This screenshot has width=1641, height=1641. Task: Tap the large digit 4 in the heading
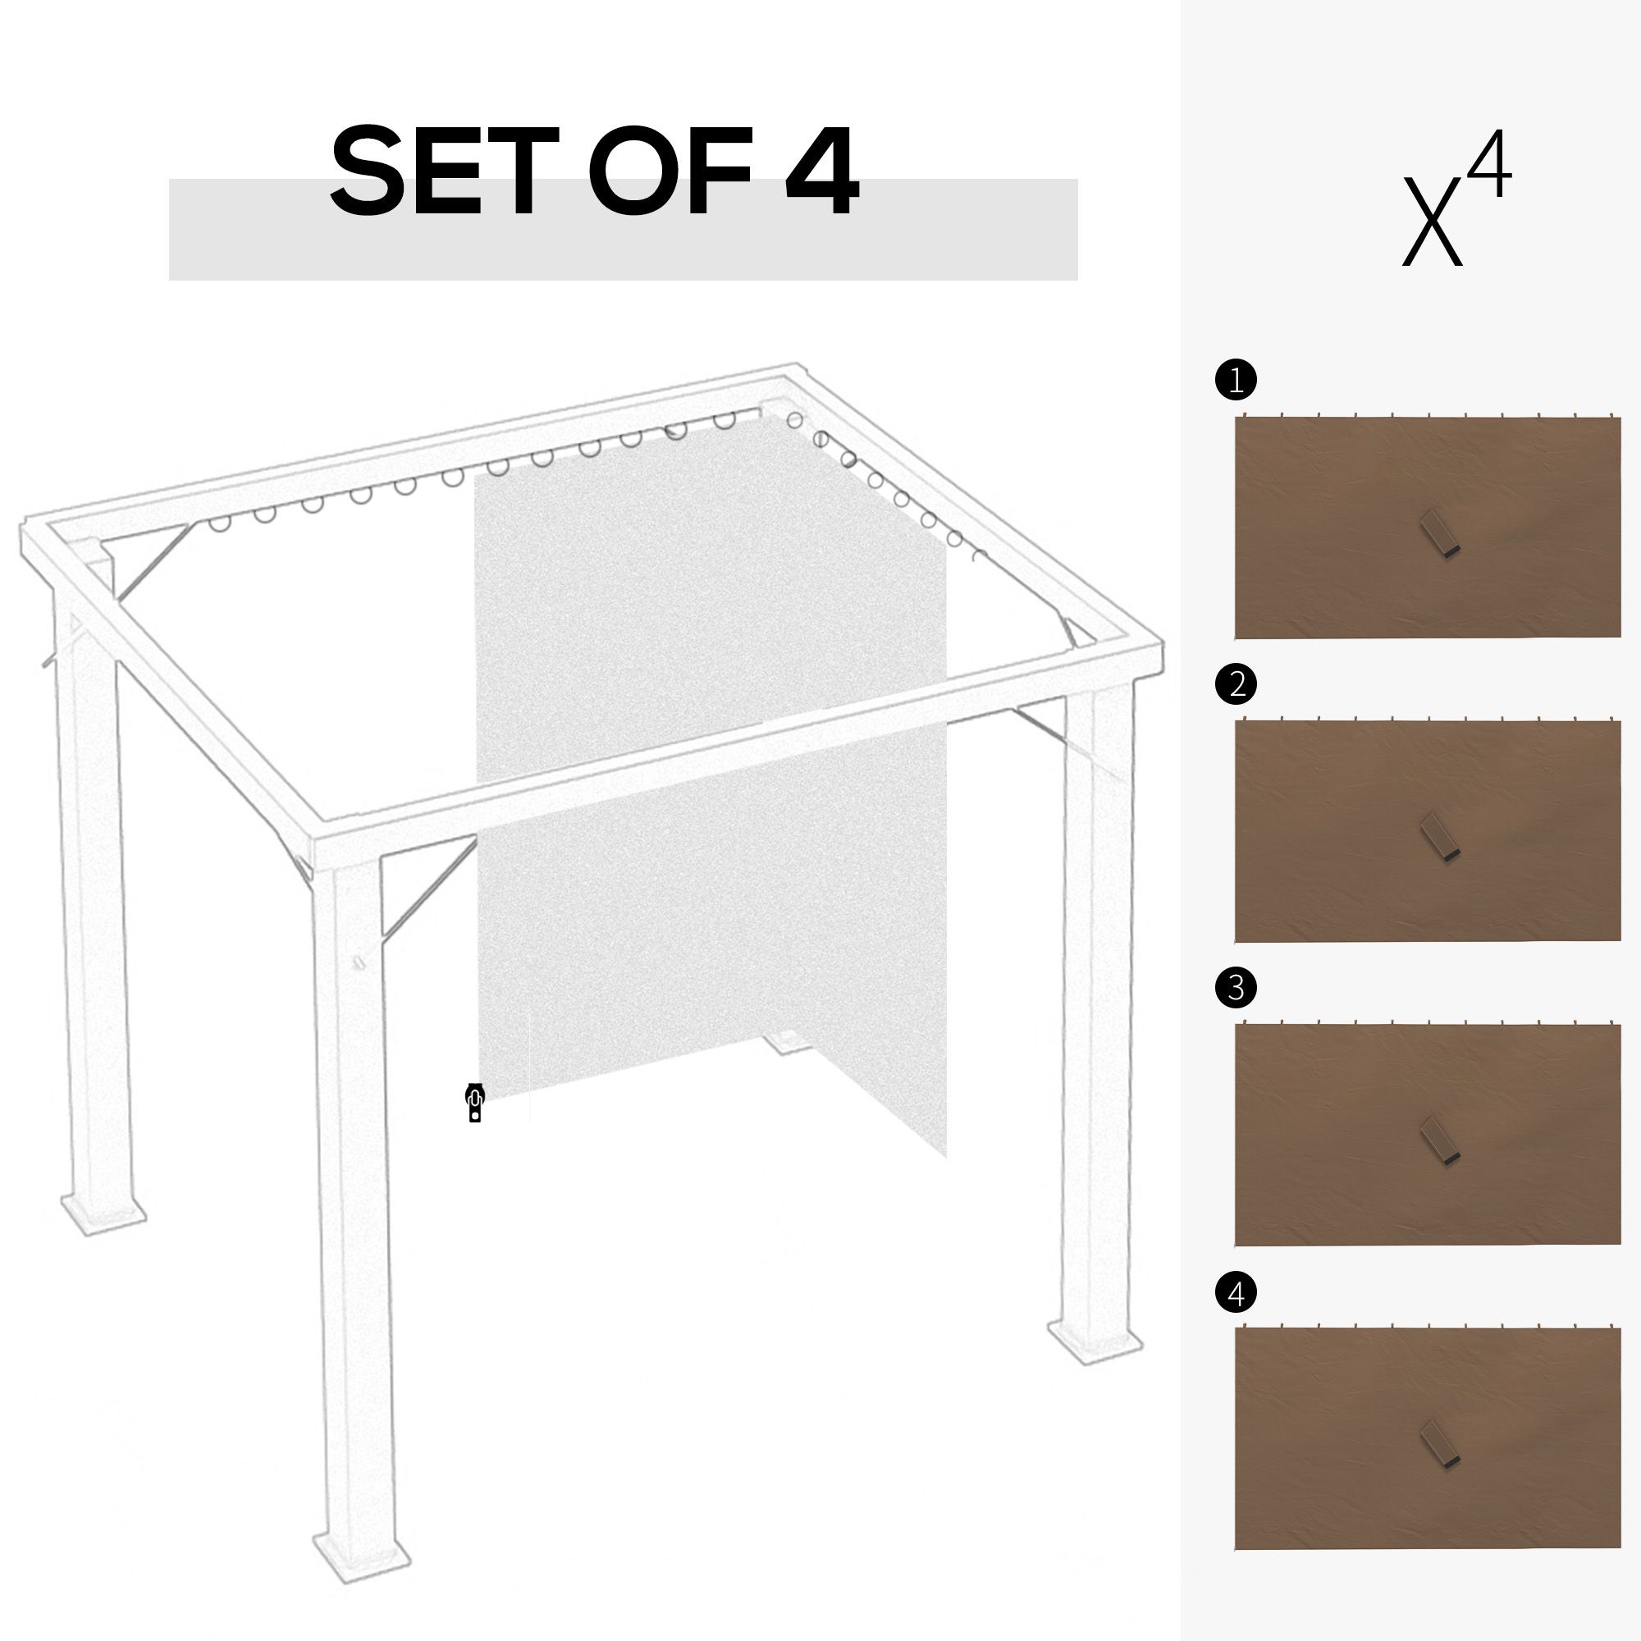tap(820, 172)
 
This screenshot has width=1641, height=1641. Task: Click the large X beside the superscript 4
tap(1433, 221)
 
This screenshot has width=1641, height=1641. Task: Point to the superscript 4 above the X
tap(1491, 164)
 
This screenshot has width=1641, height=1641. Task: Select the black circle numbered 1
tap(1236, 380)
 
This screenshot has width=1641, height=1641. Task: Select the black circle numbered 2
tap(1236, 683)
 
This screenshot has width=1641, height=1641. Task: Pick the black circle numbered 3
tap(1236, 987)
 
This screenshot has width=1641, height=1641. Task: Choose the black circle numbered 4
tap(1236, 1294)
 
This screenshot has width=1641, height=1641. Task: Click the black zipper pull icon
tap(475, 1104)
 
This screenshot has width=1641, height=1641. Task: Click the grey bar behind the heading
tap(624, 230)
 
